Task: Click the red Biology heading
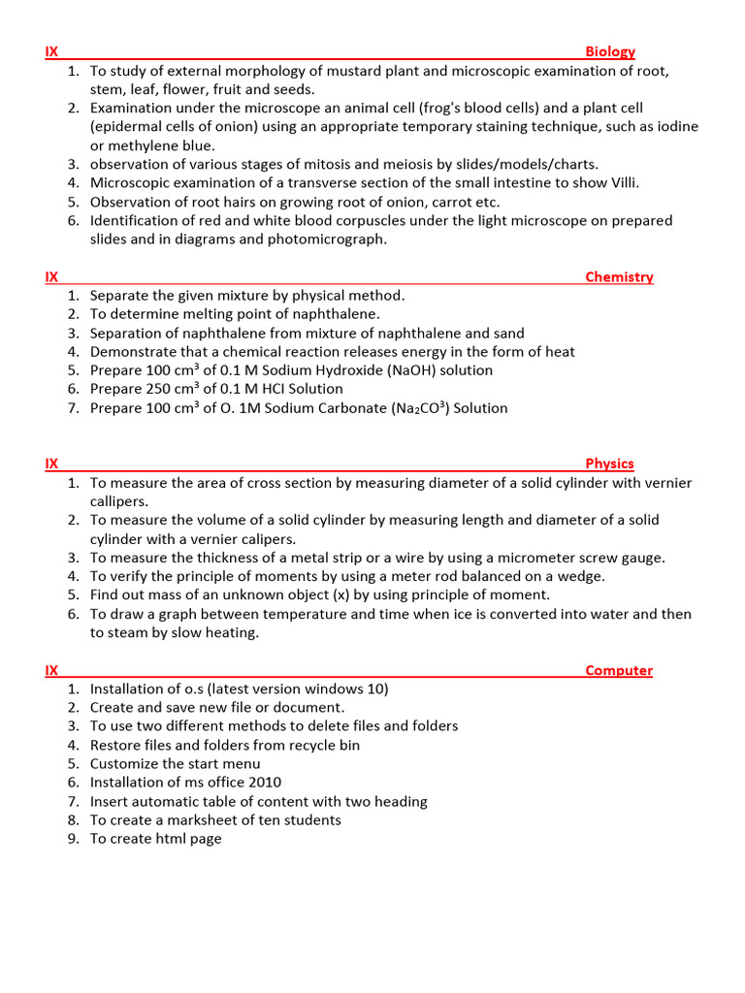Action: tap(610, 52)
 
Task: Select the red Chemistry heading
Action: tap(619, 277)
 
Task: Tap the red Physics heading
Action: tap(609, 464)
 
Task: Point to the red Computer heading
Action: tap(619, 671)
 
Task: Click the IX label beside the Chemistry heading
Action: tap(51, 277)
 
